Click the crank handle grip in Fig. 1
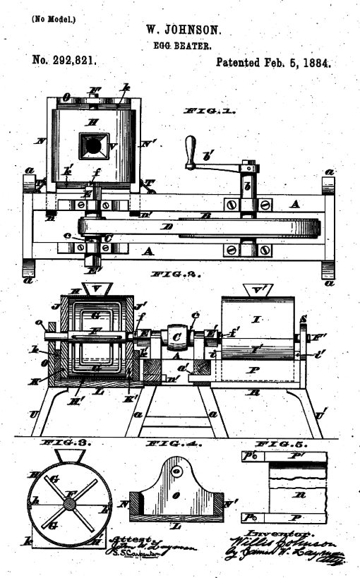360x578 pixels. pos(189,149)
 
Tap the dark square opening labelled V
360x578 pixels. pos(92,146)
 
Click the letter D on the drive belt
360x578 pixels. pos(167,227)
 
